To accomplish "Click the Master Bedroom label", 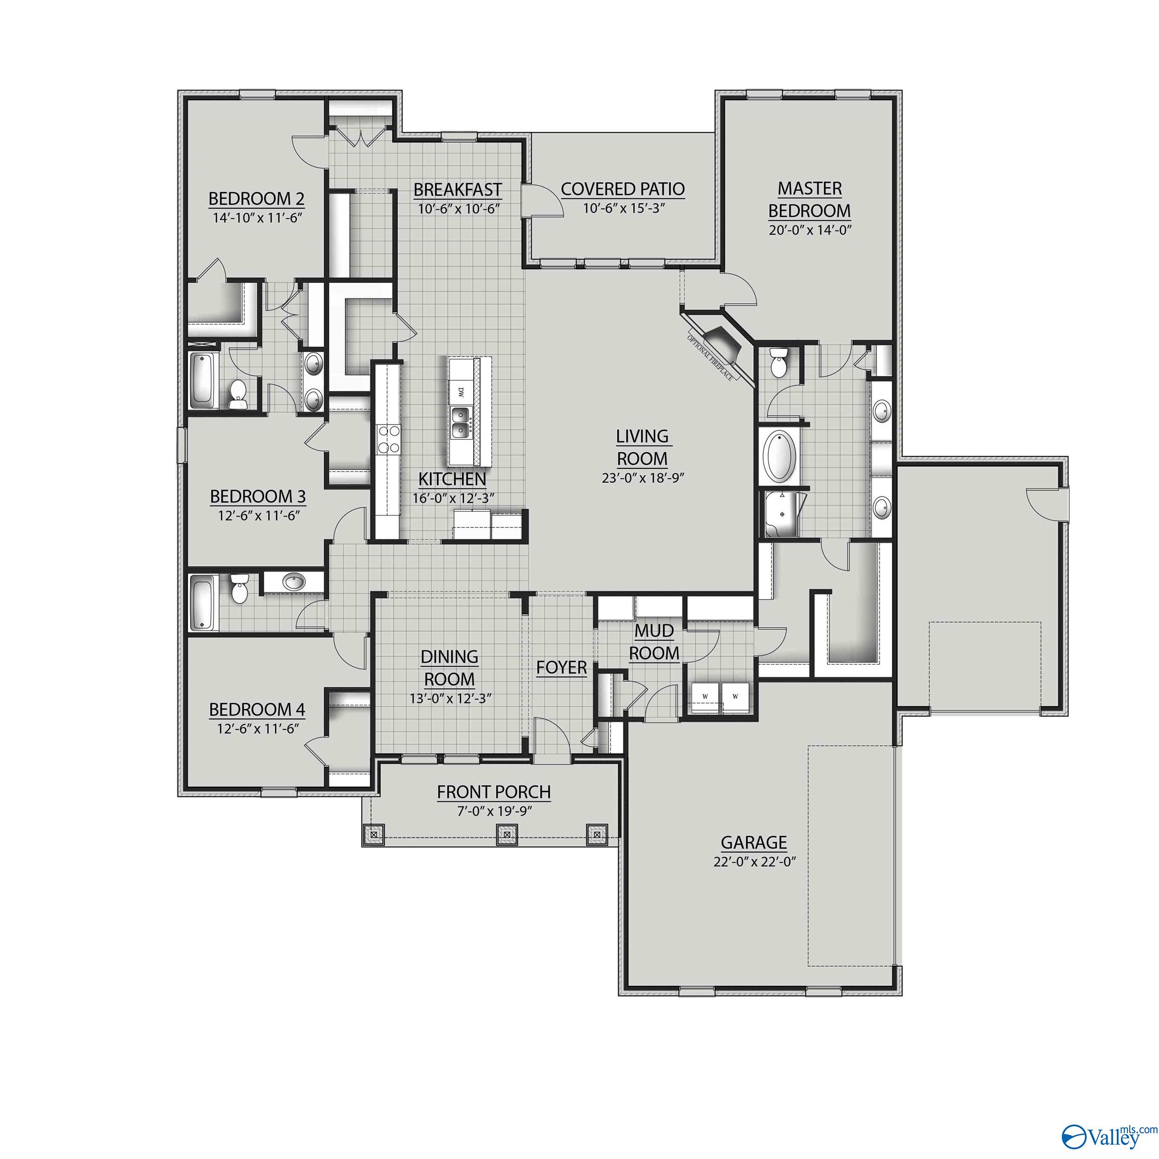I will point(809,200).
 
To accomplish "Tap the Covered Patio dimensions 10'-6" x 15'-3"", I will point(623,208).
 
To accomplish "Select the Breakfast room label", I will point(458,190).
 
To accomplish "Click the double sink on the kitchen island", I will point(461,422).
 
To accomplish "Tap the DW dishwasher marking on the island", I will point(461,392).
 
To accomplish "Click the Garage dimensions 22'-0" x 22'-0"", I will point(754,862).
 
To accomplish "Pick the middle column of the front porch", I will point(507,835).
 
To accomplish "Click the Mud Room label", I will point(654,642).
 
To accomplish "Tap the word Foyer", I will point(561,667).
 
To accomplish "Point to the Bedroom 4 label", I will point(257,710).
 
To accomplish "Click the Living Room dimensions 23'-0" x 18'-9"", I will point(642,478).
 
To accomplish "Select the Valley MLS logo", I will point(1109,1134).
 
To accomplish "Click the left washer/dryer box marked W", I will point(705,697).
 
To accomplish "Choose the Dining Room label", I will point(449,668).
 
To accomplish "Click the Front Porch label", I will point(493,792).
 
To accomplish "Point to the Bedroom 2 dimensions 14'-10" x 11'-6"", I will point(256,218).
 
